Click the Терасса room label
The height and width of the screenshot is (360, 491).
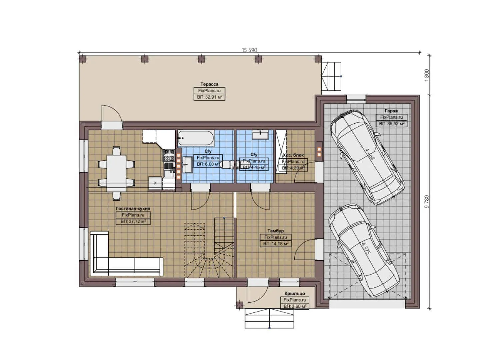coord(209,84)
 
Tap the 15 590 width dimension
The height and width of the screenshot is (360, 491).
coord(249,50)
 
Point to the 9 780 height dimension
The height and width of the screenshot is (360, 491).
coord(427,201)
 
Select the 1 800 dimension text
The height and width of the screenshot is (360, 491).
coord(427,75)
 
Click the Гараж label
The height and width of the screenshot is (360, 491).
coord(391,111)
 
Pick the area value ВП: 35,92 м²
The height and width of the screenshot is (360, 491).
coord(391,124)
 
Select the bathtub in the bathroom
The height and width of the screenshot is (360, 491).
coord(196,138)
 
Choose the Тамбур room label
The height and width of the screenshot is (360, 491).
coord(275,231)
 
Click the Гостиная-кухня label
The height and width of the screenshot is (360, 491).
coord(133,209)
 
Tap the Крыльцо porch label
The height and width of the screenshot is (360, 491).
coord(295,294)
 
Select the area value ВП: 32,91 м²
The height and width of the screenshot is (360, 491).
coord(209,97)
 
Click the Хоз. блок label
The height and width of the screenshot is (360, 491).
coord(293,155)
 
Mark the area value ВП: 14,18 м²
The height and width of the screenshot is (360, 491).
coord(276,244)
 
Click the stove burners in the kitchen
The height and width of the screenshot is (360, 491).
coord(169,155)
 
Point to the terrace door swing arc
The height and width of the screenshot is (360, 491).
coord(112,112)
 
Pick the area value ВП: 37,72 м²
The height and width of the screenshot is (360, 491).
coord(133,221)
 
